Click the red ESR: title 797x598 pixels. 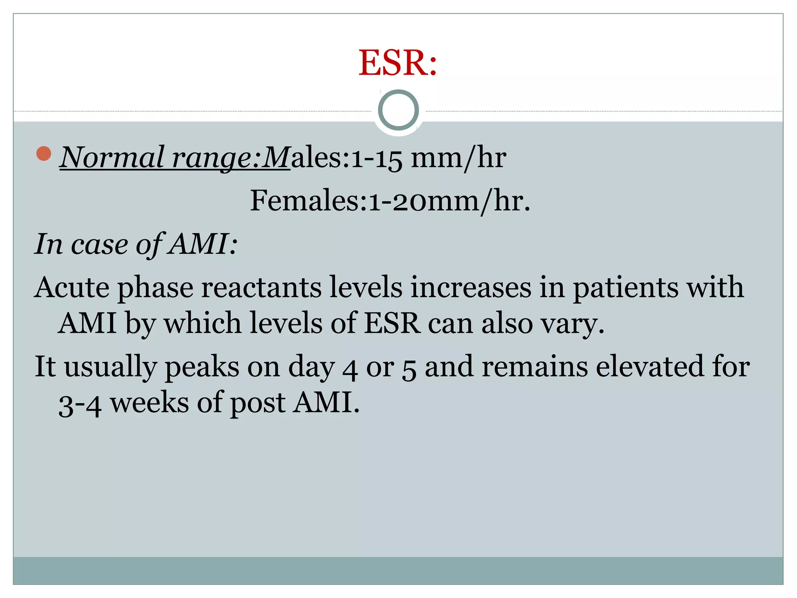point(398,63)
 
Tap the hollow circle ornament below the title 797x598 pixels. point(398,110)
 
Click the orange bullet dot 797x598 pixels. point(44,153)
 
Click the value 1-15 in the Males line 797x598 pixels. point(376,158)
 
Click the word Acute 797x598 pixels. point(72,288)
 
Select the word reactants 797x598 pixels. point(261,288)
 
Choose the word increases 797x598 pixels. point(471,288)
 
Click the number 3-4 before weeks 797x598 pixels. point(80,404)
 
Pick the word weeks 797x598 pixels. point(149,403)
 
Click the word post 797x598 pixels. point(258,403)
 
